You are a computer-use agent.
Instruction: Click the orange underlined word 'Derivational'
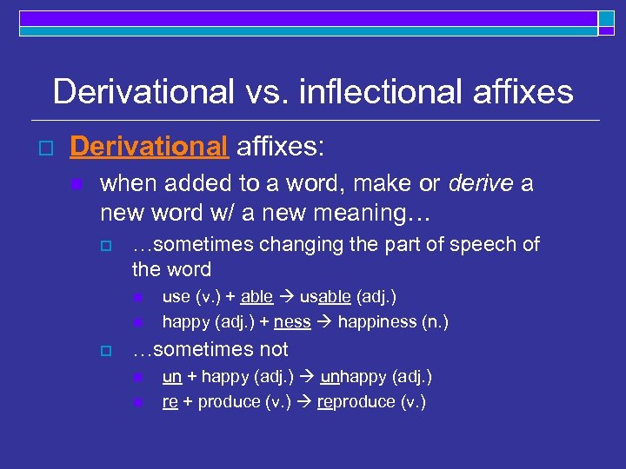click(x=148, y=147)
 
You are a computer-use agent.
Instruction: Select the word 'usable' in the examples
click(x=325, y=296)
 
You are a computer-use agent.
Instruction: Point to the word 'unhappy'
click(x=355, y=376)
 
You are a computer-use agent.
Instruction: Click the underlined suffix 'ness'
click(x=291, y=322)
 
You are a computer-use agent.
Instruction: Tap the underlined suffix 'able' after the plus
click(x=256, y=296)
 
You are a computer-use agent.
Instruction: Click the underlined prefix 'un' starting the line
click(x=172, y=376)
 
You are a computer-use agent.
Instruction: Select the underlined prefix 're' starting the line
click(x=170, y=402)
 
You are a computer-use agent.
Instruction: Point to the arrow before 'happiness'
click(x=323, y=322)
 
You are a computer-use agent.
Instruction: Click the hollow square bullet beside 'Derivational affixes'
click(x=36, y=148)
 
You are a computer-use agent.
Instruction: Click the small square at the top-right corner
click(x=606, y=20)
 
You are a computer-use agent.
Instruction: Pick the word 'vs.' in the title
click(x=264, y=91)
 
